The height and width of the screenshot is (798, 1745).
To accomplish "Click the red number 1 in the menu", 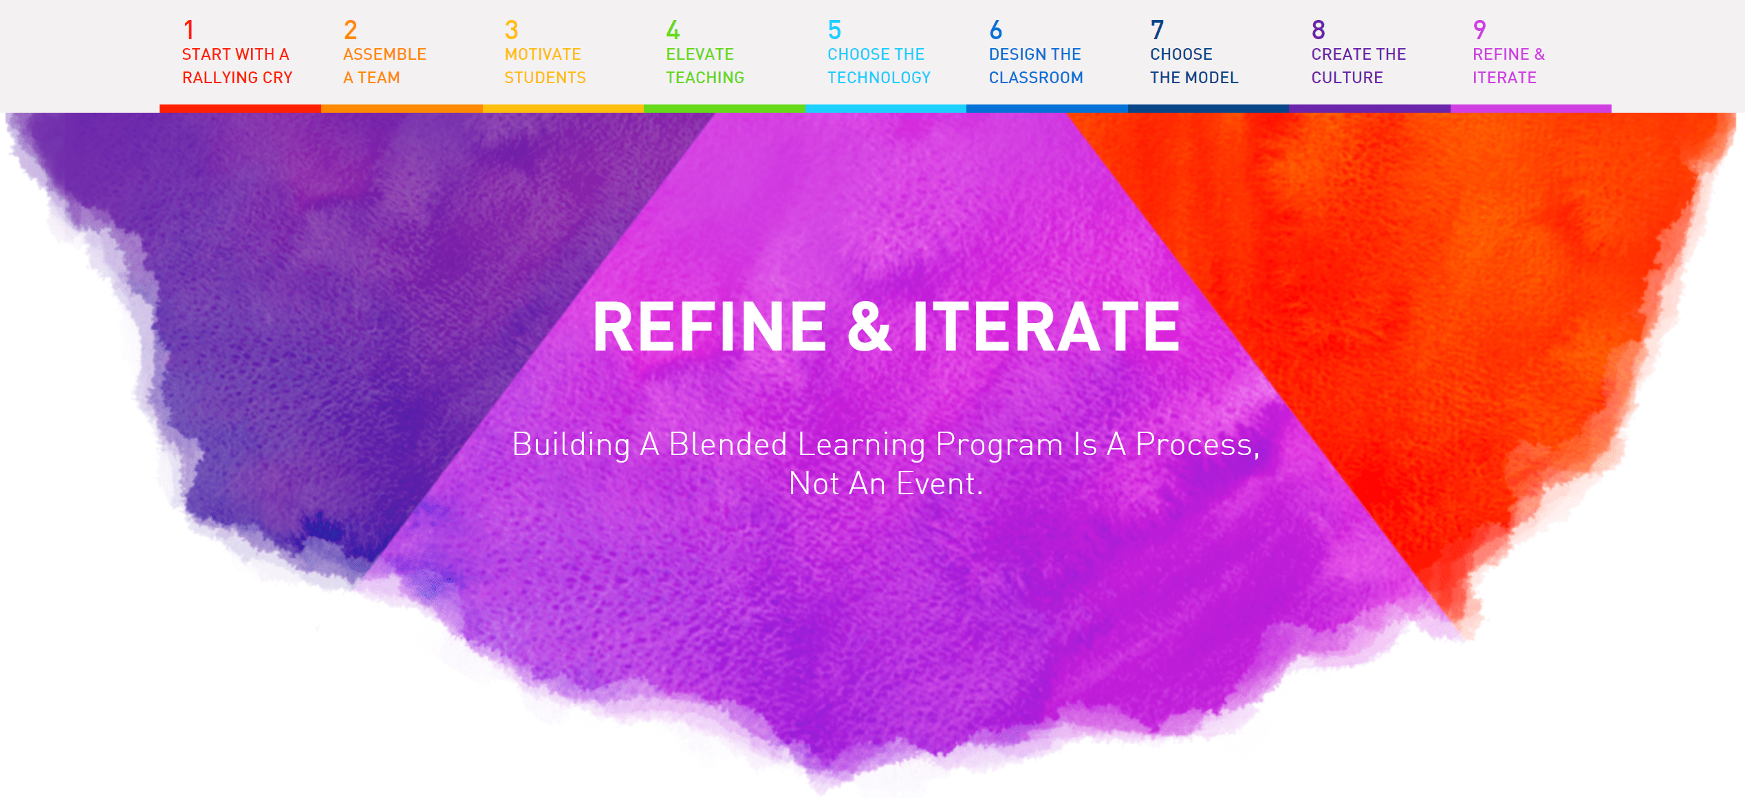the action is (x=188, y=30).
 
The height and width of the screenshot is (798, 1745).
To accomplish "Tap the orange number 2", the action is (x=350, y=30).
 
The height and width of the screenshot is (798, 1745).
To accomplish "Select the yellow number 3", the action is (x=511, y=30).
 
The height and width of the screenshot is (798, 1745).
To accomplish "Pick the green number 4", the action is (x=673, y=30).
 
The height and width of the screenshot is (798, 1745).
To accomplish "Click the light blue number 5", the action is (x=834, y=30).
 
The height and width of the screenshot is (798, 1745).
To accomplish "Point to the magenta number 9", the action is (x=1480, y=30).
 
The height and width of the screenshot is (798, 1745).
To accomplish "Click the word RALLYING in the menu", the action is (x=219, y=78).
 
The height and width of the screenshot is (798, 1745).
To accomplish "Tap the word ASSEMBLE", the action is (x=384, y=54).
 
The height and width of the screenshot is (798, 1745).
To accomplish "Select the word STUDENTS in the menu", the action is (x=545, y=78).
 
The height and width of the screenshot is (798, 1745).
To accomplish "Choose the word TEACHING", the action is (x=705, y=78).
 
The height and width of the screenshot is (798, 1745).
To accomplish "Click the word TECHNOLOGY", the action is (x=879, y=78).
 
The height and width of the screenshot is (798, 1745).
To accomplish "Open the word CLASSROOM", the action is (x=1036, y=78).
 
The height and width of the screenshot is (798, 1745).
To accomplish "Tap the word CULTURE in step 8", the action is (x=1347, y=78).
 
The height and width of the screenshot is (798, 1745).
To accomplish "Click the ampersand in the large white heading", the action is (x=869, y=326).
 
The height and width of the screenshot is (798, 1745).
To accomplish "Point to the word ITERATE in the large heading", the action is (x=1046, y=326).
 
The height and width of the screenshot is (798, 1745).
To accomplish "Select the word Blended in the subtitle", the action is (x=728, y=444).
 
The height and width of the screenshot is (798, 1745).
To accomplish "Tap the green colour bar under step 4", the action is (x=724, y=109).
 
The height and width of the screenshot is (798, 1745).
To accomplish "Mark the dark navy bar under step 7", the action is (x=1208, y=109).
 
